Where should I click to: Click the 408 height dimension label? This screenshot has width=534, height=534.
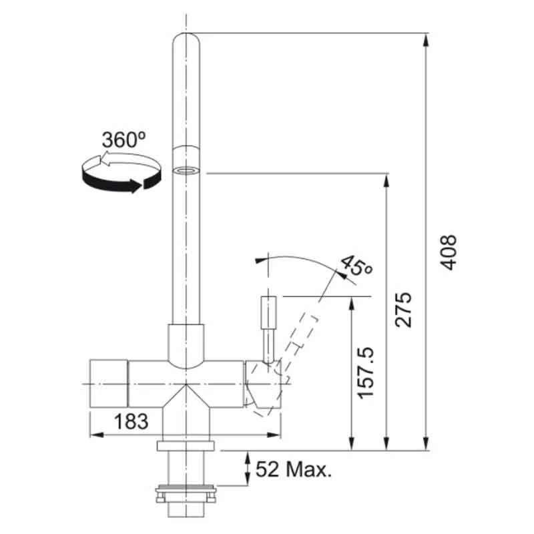coord(449,252)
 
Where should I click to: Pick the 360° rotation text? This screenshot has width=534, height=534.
coord(123,140)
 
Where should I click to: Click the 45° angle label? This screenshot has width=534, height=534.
coord(356,266)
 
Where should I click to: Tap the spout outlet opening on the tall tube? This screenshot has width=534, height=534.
coord(186,170)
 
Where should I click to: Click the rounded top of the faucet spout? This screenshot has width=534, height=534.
coord(186,40)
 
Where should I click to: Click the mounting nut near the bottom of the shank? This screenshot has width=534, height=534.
coord(186,495)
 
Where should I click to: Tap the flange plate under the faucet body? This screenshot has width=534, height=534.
coord(186,445)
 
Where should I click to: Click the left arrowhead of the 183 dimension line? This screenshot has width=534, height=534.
coord(94,435)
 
